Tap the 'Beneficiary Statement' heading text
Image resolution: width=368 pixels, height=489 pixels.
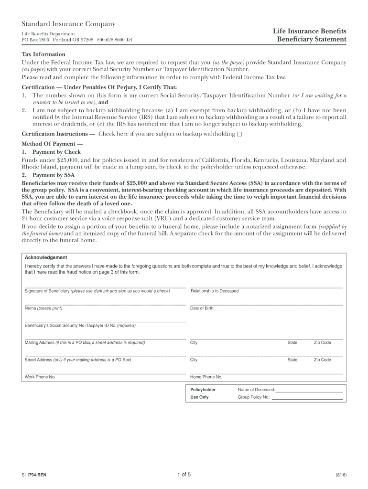(312, 39)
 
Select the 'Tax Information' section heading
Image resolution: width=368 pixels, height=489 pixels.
(43, 54)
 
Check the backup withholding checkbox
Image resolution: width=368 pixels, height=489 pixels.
(239, 134)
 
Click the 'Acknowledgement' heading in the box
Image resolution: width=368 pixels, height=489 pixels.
(46, 257)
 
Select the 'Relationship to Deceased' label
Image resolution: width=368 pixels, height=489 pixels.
(214, 291)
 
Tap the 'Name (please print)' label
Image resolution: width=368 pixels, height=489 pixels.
(43, 308)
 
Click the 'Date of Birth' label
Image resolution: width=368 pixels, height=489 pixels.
(202, 308)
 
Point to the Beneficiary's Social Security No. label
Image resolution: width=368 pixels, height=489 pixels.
(80, 325)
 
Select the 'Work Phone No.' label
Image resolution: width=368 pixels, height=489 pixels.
(40, 377)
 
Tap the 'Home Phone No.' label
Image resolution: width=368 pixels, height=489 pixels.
(206, 377)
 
